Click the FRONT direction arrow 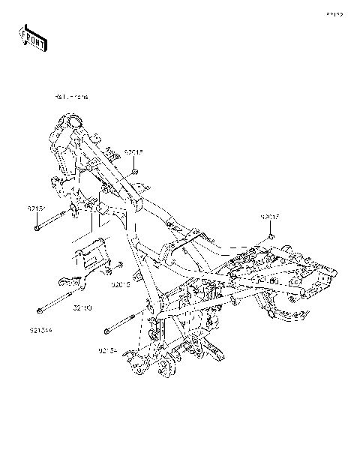(33, 37)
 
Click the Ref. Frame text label (71, 97)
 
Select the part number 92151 (37, 208)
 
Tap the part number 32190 (82, 307)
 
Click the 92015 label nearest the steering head (133, 152)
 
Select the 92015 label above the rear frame (270, 217)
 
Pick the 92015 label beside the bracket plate (121, 285)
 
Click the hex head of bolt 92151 (37, 228)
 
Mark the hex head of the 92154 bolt (107, 330)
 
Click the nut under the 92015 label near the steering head (134, 171)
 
